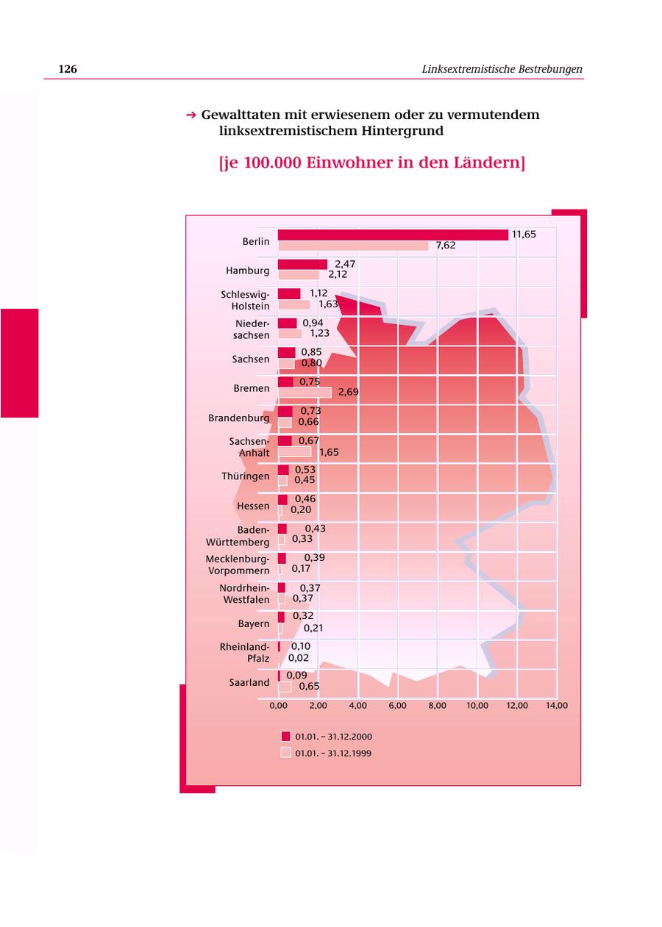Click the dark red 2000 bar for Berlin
[x=393, y=235]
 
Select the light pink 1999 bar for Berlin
[x=353, y=246]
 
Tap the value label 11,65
[x=524, y=235]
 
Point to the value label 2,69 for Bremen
[x=348, y=392]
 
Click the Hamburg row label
[x=248, y=271]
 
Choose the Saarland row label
[x=249, y=682]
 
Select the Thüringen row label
[x=246, y=476]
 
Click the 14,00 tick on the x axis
[x=557, y=706]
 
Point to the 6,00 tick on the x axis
[x=397, y=706]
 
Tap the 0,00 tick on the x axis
[x=278, y=706]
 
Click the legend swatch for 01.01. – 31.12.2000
[x=285, y=736]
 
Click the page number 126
[x=68, y=69]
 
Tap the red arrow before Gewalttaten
[x=191, y=115]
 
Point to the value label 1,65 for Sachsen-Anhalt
[x=329, y=452]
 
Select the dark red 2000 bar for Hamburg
[x=302, y=265]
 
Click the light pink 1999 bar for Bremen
[x=305, y=392]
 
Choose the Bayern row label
[x=254, y=623]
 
